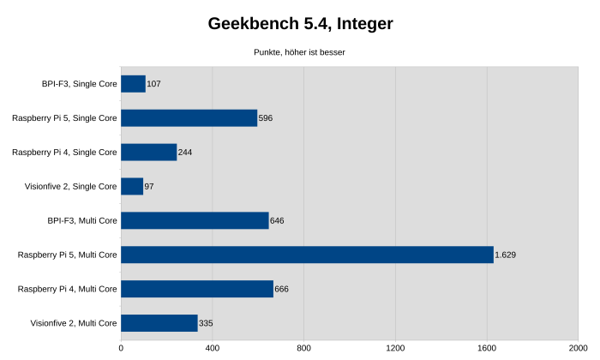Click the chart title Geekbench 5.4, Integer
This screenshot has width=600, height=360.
[x=300, y=24]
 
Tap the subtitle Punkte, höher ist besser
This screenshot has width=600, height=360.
[x=299, y=52]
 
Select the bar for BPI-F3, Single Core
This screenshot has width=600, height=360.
[x=133, y=84]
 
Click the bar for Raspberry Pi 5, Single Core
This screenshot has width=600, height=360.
[x=189, y=118]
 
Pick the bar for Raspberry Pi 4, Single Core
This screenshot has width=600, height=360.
[x=148, y=153]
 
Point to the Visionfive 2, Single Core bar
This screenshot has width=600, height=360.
[x=132, y=186]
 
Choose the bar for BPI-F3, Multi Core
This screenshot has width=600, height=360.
[x=195, y=220]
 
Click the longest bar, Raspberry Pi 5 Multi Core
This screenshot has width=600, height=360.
[x=307, y=255]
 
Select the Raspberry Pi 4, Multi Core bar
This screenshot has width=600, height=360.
[x=197, y=289]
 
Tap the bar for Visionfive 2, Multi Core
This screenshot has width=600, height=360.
[x=159, y=323]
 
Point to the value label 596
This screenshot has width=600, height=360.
[x=265, y=118]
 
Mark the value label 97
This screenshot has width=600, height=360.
[x=149, y=186]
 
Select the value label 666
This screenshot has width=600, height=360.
[x=281, y=289]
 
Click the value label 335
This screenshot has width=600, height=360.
[x=206, y=323]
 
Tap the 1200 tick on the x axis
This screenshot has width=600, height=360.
[x=395, y=348]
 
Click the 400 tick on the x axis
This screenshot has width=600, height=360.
[x=213, y=348]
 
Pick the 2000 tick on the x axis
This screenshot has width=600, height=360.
[x=578, y=348]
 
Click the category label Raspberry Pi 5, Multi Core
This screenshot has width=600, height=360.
[x=67, y=255]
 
